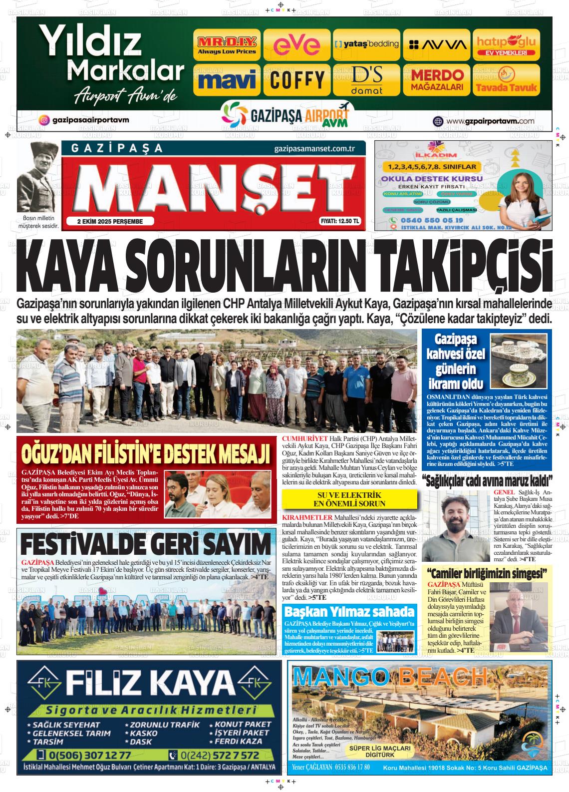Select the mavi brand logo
[227, 80]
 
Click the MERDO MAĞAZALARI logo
[437, 80]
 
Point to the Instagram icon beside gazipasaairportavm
[44, 120]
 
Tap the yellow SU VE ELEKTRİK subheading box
[349, 498]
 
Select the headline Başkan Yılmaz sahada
[349, 612]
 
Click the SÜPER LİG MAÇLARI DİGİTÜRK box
[380, 751]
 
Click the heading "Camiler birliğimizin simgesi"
[488, 574]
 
